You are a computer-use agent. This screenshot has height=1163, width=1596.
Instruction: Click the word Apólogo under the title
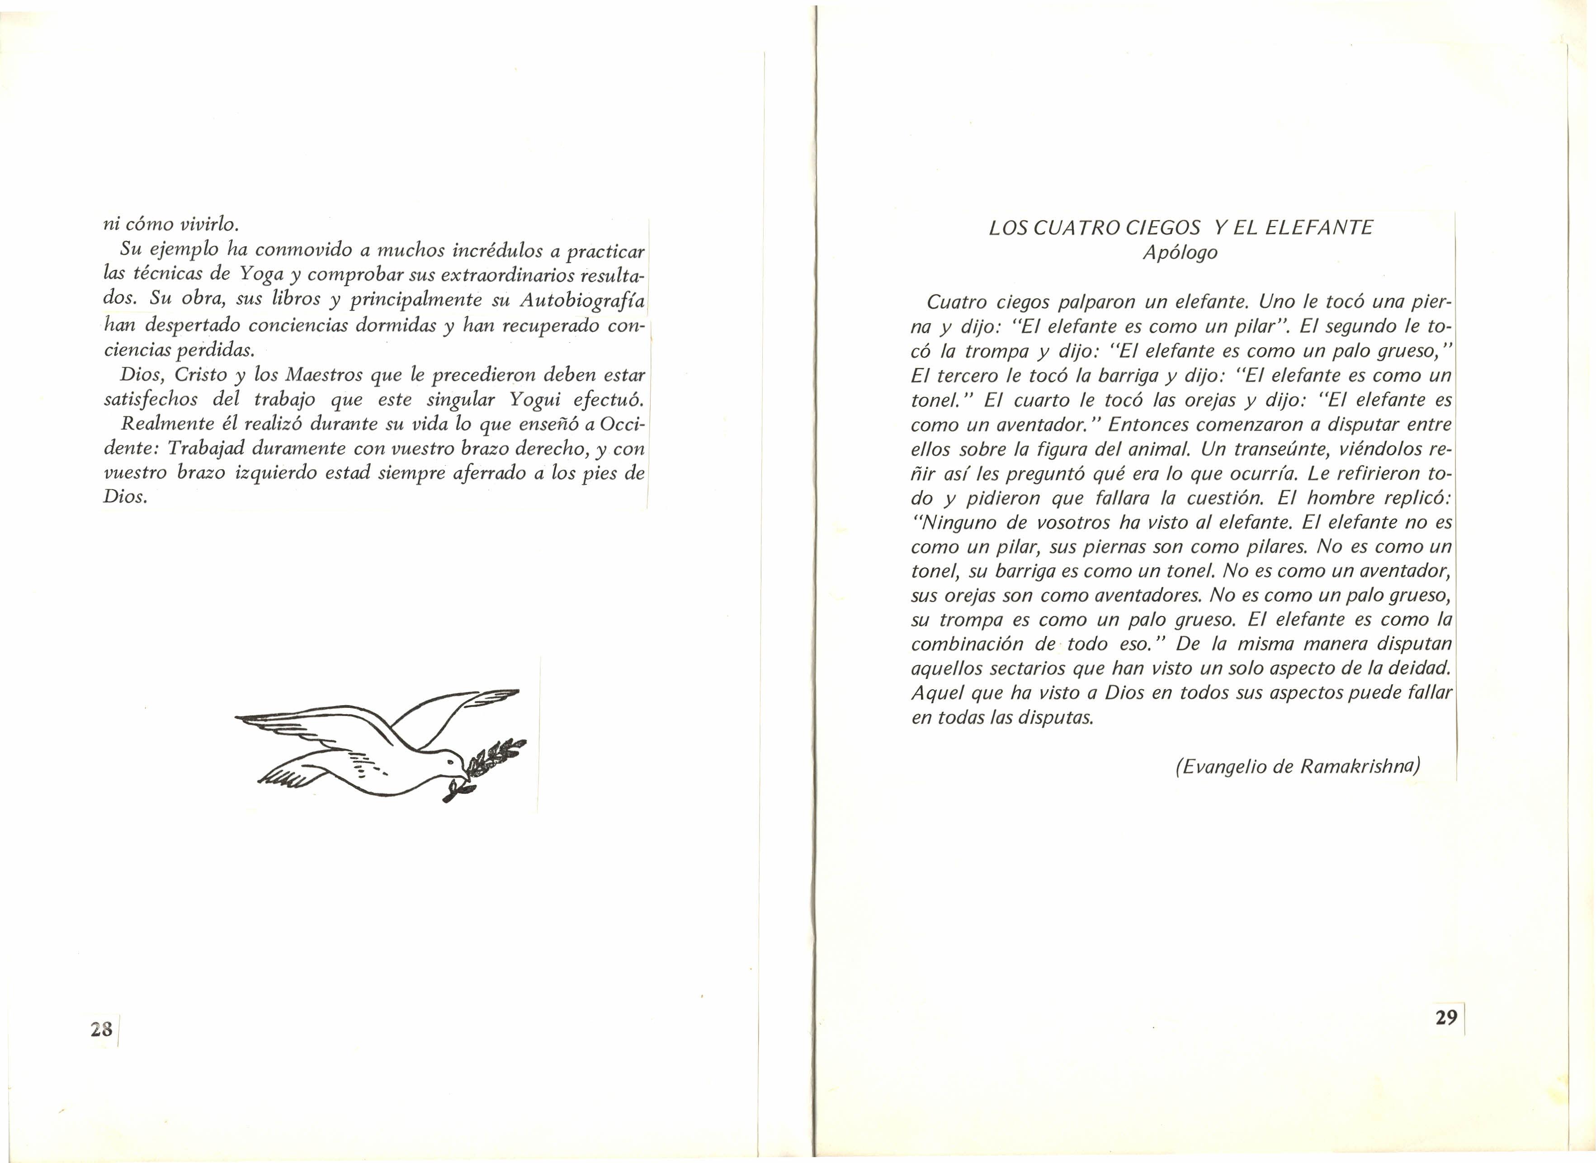click(1180, 252)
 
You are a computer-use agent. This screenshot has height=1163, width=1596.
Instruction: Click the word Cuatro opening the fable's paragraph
click(956, 303)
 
